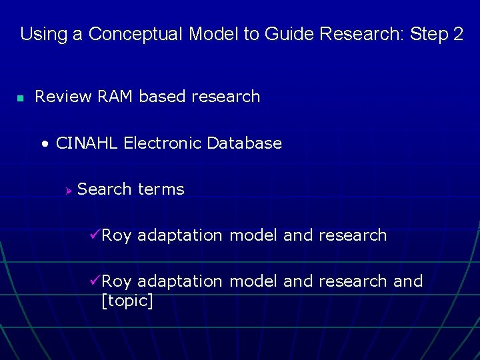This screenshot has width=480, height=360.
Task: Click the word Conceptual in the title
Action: tap(136, 35)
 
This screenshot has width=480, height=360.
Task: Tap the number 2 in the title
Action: tap(457, 34)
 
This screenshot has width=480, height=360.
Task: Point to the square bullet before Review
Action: tap(21, 98)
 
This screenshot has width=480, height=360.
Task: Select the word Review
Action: tap(63, 97)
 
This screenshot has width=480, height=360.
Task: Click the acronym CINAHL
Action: tap(87, 143)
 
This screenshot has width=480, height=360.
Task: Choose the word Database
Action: tap(245, 143)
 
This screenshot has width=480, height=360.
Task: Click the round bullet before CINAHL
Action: tap(45, 144)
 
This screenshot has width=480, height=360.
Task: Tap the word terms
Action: tap(161, 189)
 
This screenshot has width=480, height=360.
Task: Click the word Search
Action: tap(105, 189)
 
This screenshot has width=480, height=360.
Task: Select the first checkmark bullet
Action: tap(94, 235)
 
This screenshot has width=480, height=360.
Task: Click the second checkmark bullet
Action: tap(94, 281)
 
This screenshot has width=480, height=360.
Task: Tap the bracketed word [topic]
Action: tap(127, 301)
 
